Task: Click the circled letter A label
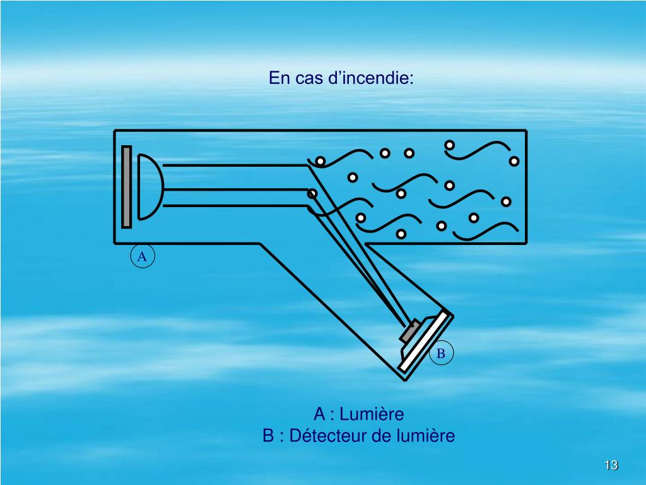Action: click(142, 256)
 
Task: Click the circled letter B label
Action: click(441, 354)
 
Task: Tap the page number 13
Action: click(610, 466)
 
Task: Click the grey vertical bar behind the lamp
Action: click(127, 187)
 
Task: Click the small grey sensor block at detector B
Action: click(410, 331)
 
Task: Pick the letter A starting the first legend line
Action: click(320, 414)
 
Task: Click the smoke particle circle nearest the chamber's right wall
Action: click(514, 162)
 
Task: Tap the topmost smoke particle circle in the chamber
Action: click(449, 145)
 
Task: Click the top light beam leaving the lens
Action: click(233, 165)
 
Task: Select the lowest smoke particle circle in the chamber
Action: click(402, 234)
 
